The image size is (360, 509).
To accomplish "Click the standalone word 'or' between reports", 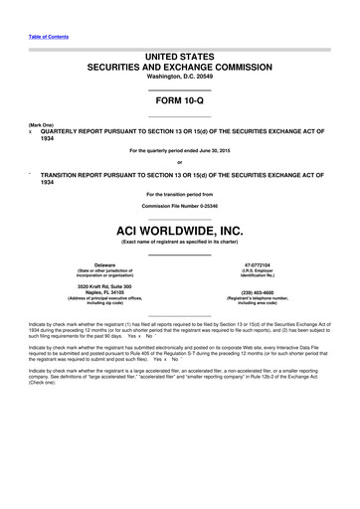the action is (x=179, y=162).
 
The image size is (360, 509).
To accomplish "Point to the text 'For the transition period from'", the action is (x=179, y=193).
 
